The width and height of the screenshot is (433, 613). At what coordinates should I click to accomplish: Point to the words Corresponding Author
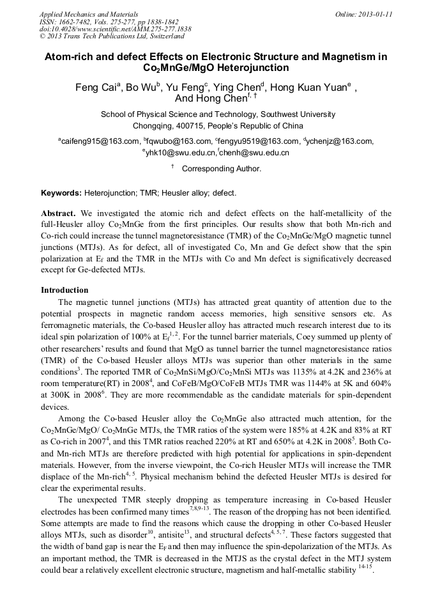click(222, 169)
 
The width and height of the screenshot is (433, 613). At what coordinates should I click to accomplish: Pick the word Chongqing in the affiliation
click(153, 126)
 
